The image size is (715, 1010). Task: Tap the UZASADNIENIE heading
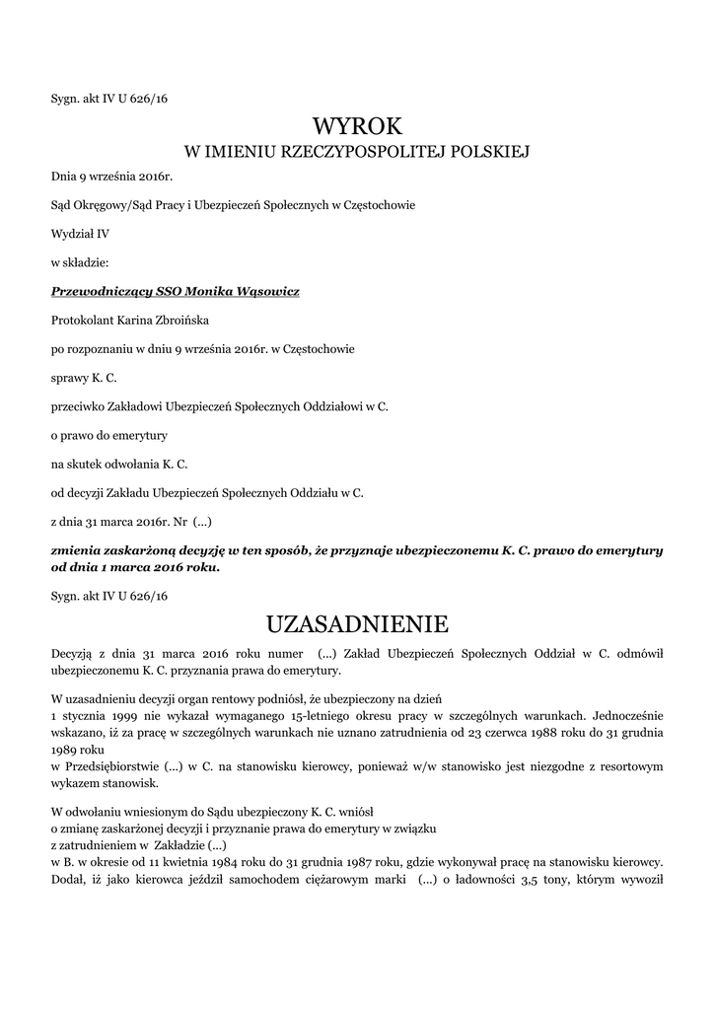pos(357,624)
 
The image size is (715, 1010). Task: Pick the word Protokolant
pos(80,320)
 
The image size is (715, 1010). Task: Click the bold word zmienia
pos(77,549)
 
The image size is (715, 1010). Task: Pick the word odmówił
pos(641,653)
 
